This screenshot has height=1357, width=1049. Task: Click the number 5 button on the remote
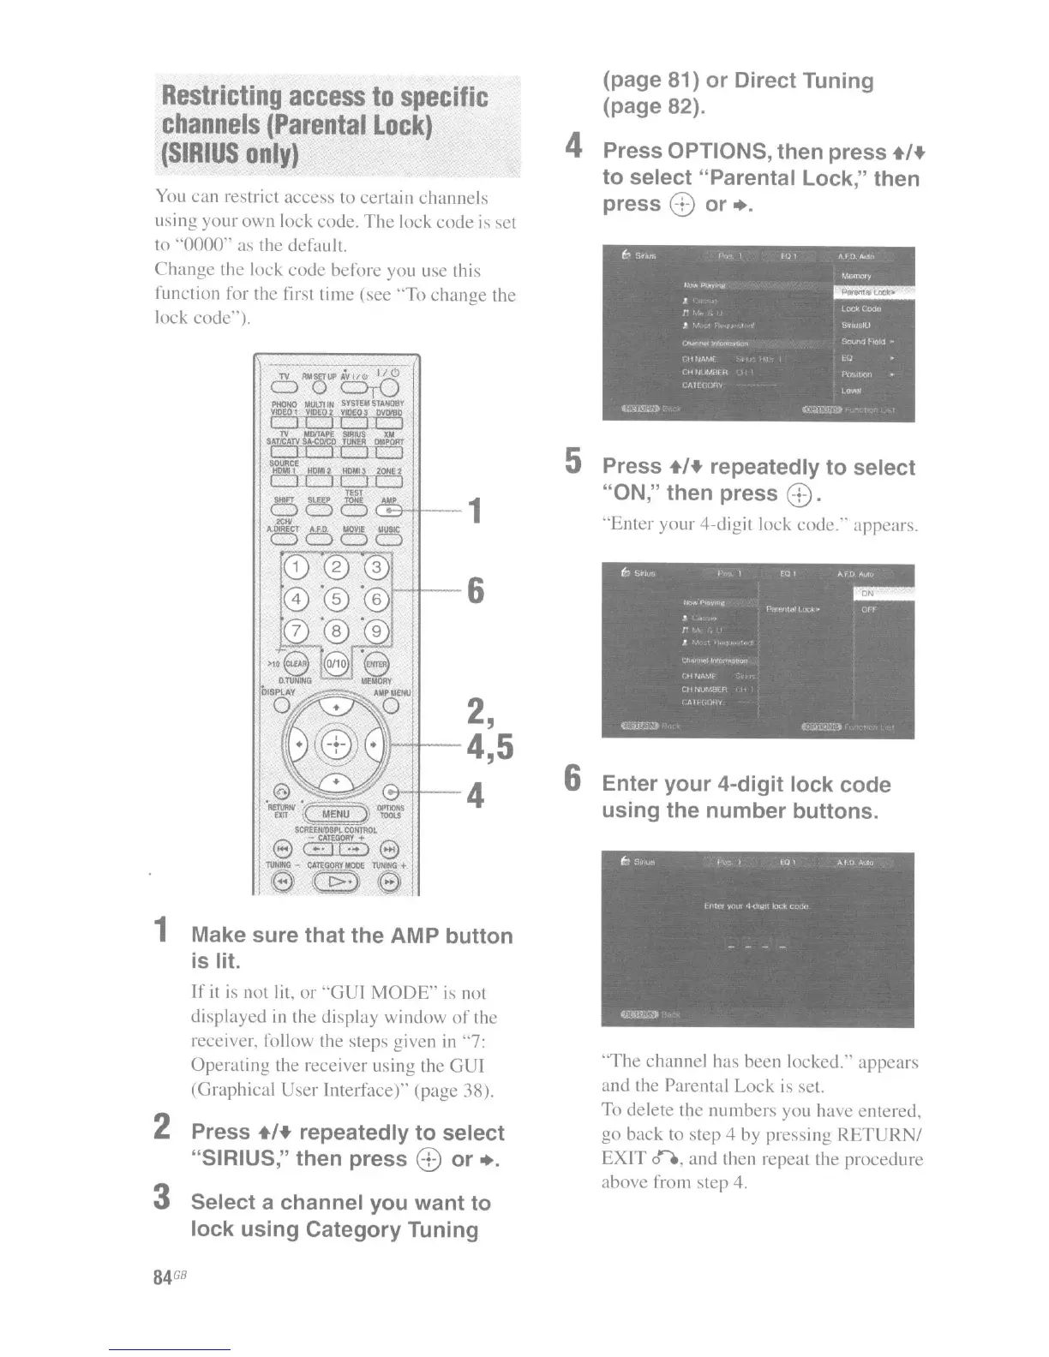336,600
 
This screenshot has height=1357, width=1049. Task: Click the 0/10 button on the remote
336,664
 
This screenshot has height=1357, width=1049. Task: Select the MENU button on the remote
335,814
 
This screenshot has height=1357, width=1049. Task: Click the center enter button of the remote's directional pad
336,743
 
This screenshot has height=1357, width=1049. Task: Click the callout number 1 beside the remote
474,511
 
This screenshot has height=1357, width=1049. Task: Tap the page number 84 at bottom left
161,1276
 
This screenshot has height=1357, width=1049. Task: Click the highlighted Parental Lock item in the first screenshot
872,292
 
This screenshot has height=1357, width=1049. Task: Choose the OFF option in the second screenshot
869,610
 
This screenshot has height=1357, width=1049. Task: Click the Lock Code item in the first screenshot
860,308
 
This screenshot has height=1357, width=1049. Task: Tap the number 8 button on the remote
336,632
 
